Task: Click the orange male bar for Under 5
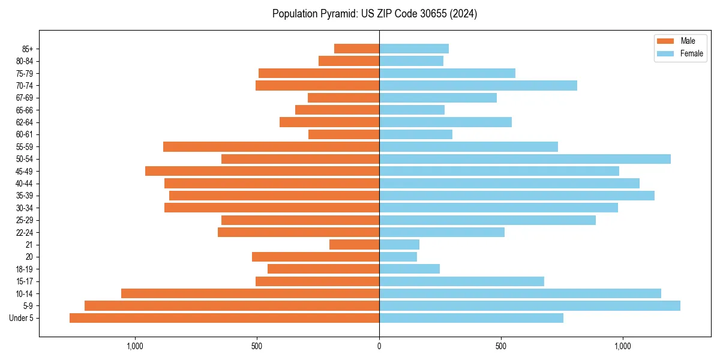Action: click(x=224, y=318)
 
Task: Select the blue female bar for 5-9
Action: click(x=529, y=305)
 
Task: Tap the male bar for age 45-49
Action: click(x=262, y=171)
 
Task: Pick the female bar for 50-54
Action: click(x=524, y=159)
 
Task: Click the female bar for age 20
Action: click(x=398, y=257)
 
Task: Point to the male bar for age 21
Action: click(x=354, y=244)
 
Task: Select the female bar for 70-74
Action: click(x=478, y=86)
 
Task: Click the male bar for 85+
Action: click(x=356, y=49)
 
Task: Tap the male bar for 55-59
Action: click(x=271, y=146)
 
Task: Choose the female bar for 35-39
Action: click(x=517, y=196)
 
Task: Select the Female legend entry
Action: click(x=691, y=53)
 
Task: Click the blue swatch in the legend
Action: click(x=665, y=53)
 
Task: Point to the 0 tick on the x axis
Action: click(x=379, y=346)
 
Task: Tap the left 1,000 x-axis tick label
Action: click(x=134, y=346)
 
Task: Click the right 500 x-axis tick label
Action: click(x=501, y=346)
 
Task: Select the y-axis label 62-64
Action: click(x=25, y=122)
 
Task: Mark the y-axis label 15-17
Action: click(x=25, y=281)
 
